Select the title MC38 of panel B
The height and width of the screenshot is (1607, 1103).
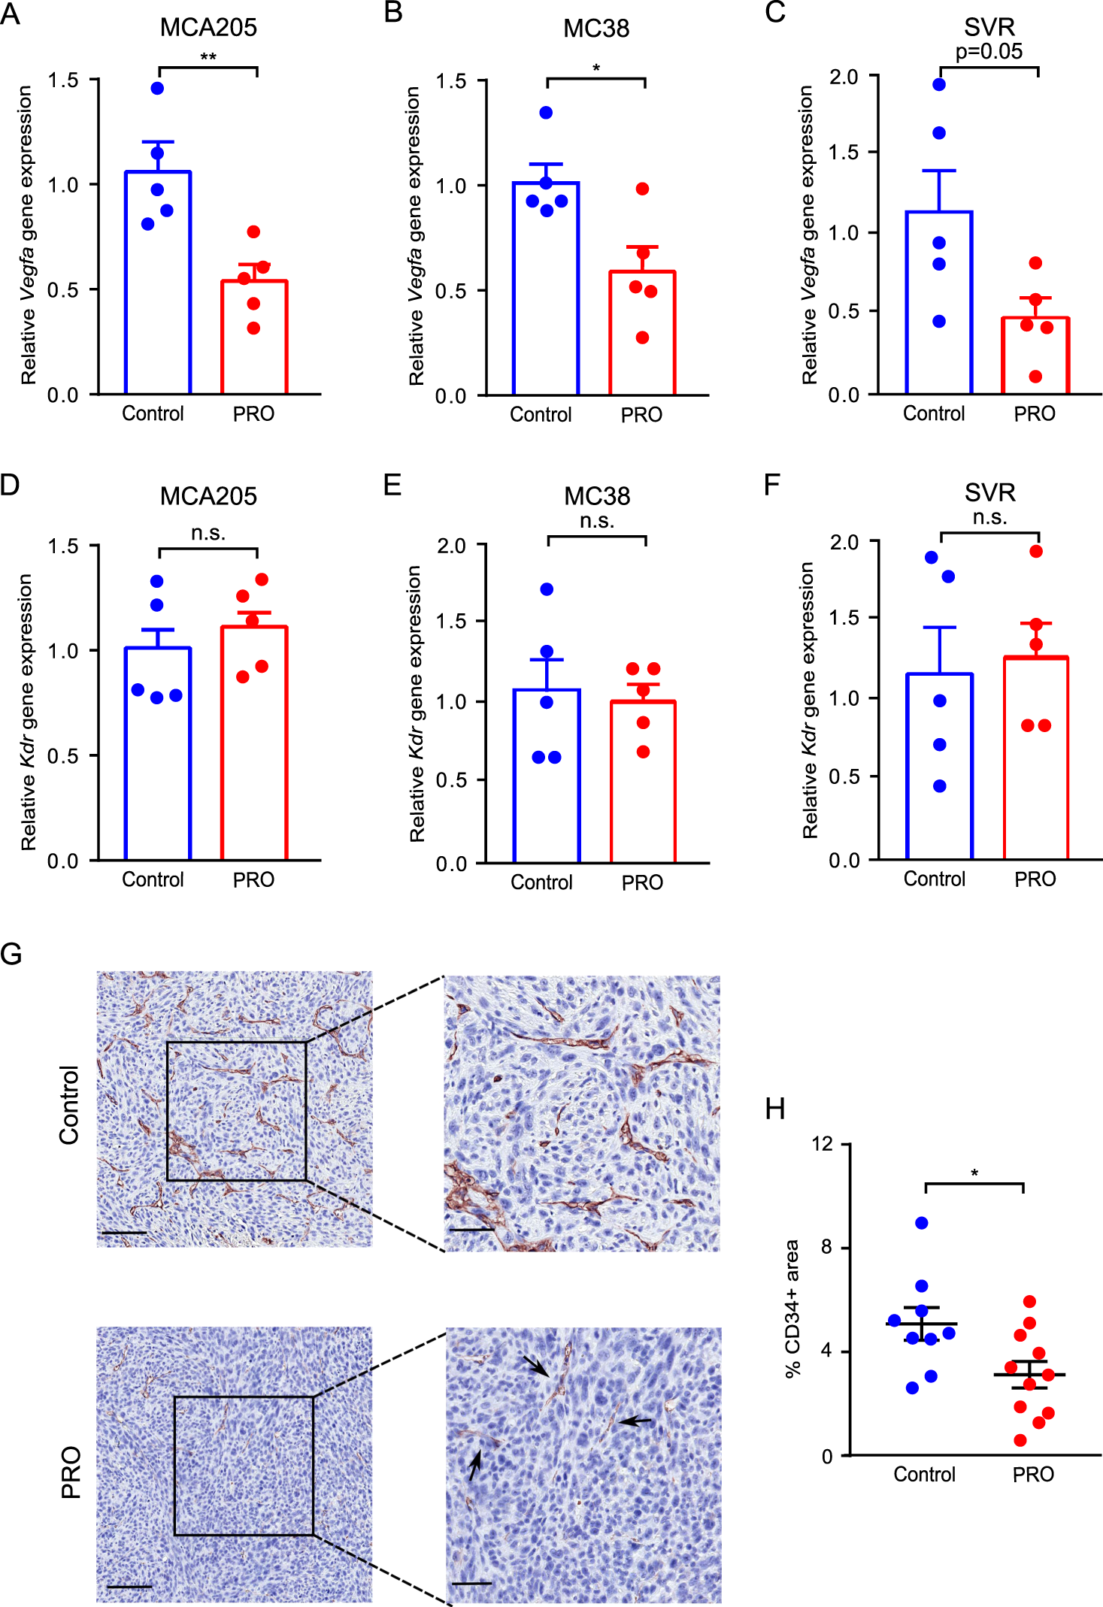point(595,29)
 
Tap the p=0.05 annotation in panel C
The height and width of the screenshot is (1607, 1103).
point(989,52)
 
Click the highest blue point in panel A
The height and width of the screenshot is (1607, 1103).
point(157,89)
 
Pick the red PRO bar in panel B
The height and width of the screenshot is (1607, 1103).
point(641,331)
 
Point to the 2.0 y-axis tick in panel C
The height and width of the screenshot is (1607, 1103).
point(843,77)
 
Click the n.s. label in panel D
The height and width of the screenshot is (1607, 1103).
point(208,534)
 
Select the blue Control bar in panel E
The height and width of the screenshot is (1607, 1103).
point(547,774)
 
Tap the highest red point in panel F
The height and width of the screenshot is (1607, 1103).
point(1036,552)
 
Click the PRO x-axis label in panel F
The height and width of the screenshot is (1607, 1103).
point(1035,879)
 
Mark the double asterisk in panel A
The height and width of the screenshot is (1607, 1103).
point(208,58)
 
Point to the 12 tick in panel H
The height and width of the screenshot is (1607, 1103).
point(823,1144)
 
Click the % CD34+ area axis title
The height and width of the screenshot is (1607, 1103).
point(792,1309)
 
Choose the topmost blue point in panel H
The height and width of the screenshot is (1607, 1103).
point(922,1223)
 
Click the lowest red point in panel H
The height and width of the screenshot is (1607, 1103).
point(1020,1440)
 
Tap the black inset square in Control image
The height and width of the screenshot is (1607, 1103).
point(236,1042)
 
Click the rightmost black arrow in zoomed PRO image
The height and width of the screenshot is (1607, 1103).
point(636,1421)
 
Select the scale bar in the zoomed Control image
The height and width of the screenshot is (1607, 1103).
point(472,1230)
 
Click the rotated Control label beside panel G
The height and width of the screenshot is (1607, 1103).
point(70,1105)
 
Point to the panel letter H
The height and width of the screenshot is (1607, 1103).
point(774,1109)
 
